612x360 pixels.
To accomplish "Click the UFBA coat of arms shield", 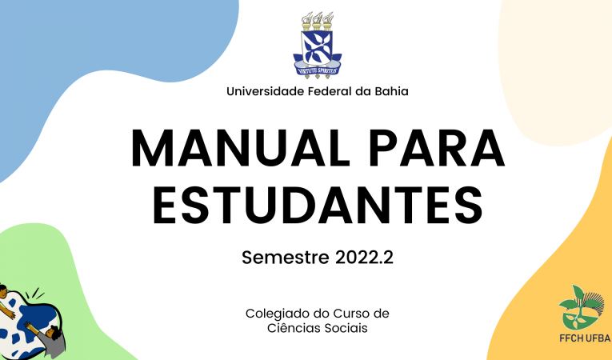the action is pyautogui.click(x=317, y=48).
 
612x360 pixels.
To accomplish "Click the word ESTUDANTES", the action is pyautogui.click(x=318, y=205).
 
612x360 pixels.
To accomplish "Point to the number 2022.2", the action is pyautogui.click(x=364, y=258).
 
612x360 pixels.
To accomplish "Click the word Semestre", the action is pyautogui.click(x=286, y=258).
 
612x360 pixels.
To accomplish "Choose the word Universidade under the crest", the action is pyautogui.click(x=265, y=91).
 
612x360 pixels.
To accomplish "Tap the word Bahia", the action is pyautogui.click(x=391, y=91).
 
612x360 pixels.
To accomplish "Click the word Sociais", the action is pyautogui.click(x=348, y=328).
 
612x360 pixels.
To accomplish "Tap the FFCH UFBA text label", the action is pyautogui.click(x=585, y=338).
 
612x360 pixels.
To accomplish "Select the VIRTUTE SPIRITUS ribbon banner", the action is pyautogui.click(x=318, y=70).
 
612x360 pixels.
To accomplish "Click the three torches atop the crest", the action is pyautogui.click(x=317, y=21).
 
